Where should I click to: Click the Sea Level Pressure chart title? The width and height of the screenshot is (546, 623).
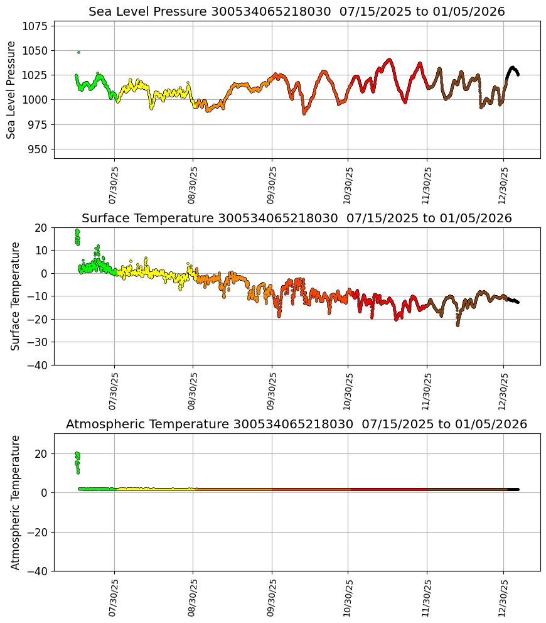point(296,11)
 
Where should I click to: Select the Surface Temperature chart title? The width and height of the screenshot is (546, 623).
point(296,218)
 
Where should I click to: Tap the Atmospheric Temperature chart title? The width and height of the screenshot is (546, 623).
point(296,424)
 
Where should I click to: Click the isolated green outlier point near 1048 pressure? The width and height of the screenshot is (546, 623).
point(78,52)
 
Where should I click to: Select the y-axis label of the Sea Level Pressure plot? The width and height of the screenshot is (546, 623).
point(11,90)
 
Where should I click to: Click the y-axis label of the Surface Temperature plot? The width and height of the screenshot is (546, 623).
point(15,296)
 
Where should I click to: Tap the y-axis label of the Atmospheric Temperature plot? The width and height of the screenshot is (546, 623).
point(15,502)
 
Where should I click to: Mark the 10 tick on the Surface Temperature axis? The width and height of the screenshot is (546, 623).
point(42,251)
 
